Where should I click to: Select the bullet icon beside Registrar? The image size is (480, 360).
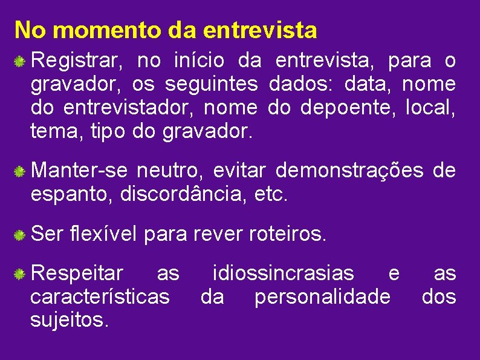point(20,61)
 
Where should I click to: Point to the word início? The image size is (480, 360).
point(199,61)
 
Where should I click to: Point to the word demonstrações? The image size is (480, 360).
point(349,172)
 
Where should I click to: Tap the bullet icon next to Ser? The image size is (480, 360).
point(20,235)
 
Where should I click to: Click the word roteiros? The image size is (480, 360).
point(287,234)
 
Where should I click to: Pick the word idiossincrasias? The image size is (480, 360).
point(284,274)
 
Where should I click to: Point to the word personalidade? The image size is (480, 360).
point(322,296)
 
